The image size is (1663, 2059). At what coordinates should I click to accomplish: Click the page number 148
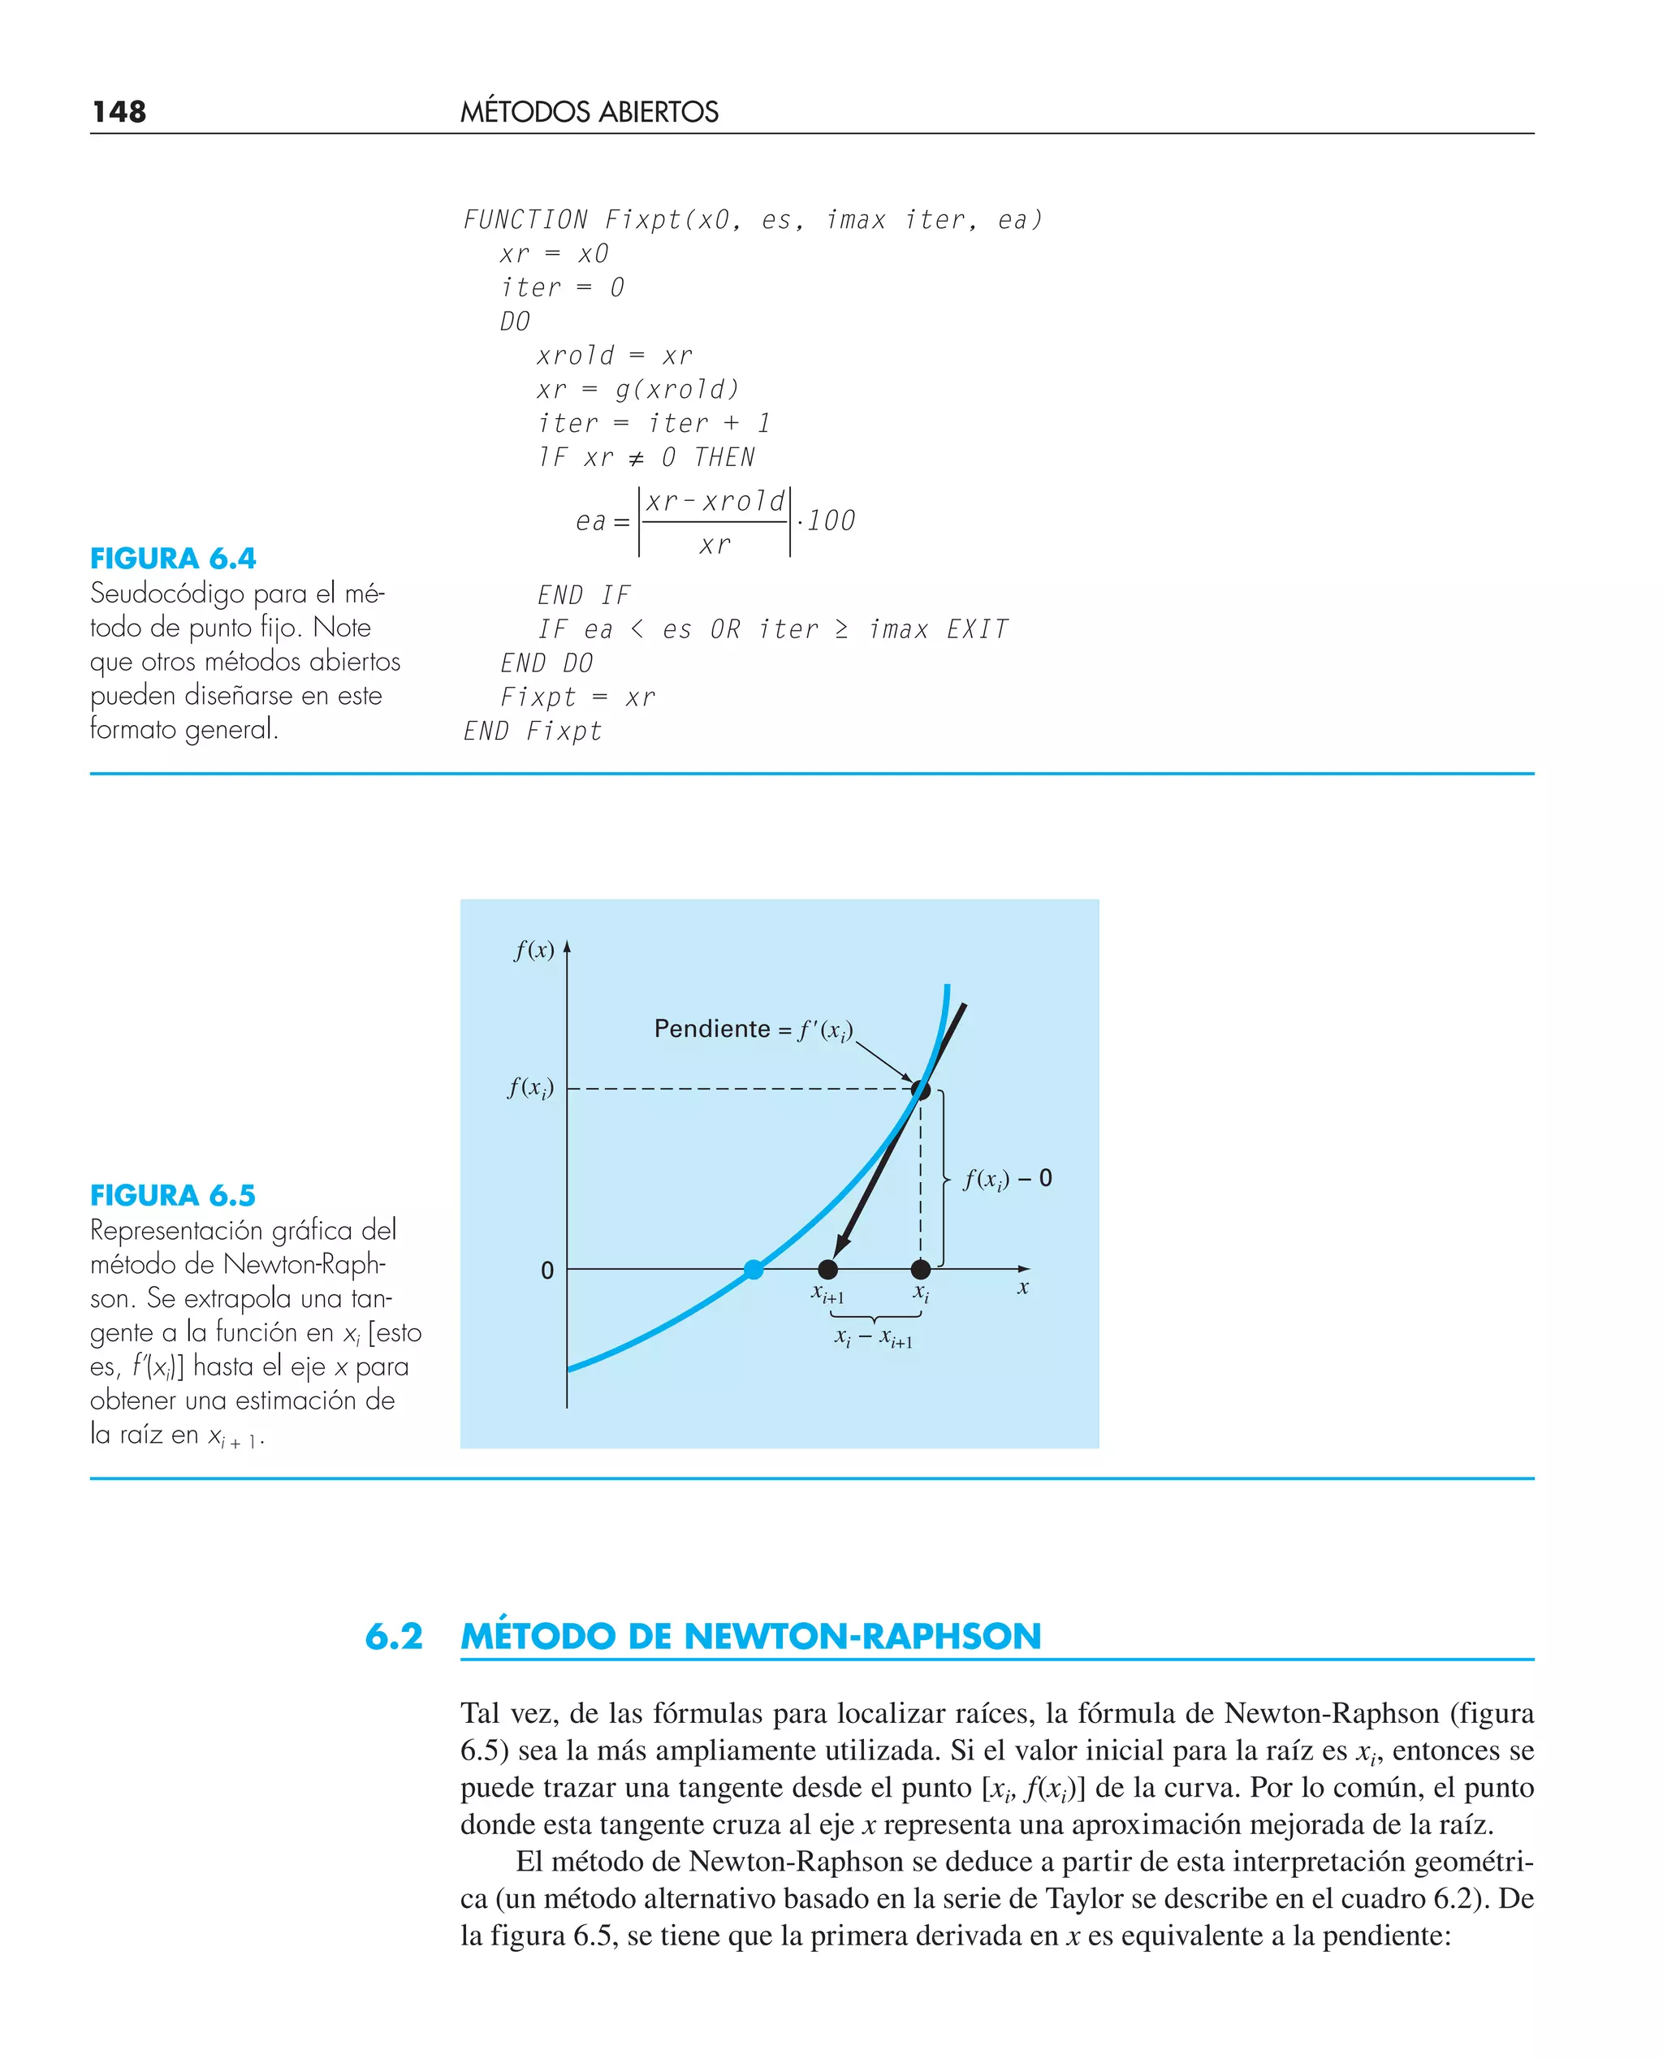coord(119,112)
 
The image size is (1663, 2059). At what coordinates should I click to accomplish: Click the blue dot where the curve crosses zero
coord(754,1270)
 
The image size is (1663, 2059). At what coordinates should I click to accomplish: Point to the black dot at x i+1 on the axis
coord(828,1270)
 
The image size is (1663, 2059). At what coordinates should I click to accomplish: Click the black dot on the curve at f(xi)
coord(921,1090)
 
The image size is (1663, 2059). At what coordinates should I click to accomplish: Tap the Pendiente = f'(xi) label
coord(753,1029)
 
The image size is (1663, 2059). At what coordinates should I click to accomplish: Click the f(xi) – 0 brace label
coord(1007,1179)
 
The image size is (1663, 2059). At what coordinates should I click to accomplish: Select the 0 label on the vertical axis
coord(547,1271)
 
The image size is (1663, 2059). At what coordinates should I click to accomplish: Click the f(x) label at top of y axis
coord(533,950)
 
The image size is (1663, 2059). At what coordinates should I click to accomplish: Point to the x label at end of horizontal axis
coord(1023,1288)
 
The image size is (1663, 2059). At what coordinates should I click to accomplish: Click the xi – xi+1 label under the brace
coord(873,1338)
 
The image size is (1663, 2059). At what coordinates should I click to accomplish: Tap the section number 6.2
coord(394,1637)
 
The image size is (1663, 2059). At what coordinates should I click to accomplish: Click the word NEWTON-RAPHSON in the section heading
coord(862,1637)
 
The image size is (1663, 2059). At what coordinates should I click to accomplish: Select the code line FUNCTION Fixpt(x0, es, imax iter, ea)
coord(752,220)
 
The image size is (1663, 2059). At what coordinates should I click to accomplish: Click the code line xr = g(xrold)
coord(637,390)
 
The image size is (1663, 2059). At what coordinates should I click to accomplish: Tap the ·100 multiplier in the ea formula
coord(826,521)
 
